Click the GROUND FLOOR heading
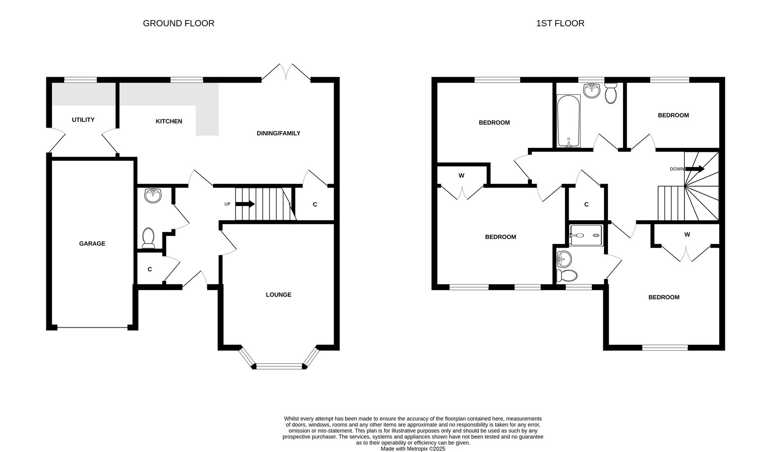[179, 23]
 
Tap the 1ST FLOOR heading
[560, 23]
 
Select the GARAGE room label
[92, 244]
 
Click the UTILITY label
[83, 120]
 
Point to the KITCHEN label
[169, 121]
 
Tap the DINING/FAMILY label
[278, 134]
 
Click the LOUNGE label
[278, 295]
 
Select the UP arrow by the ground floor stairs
[245, 204]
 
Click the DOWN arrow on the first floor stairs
[694, 169]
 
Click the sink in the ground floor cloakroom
[153, 195]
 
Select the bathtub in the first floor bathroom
[568, 121]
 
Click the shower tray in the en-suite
[586, 235]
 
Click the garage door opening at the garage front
[92, 328]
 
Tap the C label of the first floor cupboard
[586, 205]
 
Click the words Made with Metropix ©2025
[412, 449]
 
